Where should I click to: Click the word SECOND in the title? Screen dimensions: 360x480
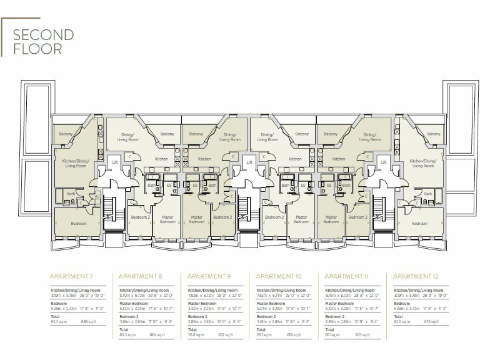(43, 34)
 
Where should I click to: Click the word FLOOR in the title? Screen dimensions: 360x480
(37, 49)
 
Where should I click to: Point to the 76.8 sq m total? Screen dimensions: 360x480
(197, 334)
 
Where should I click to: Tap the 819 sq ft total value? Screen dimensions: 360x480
(294, 334)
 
